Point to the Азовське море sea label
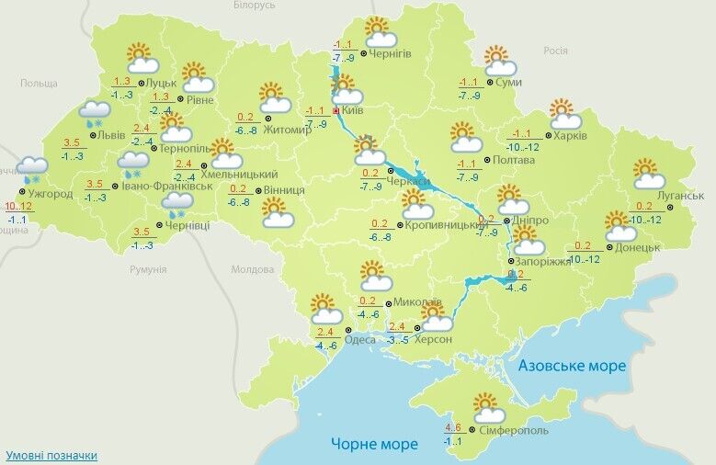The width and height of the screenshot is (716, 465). [x=572, y=366]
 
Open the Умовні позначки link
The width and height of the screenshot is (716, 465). [x=51, y=455]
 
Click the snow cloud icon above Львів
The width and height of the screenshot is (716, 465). [x=96, y=114]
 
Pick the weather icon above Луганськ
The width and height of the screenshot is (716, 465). [x=649, y=174]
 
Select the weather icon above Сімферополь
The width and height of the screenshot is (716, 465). [x=486, y=408]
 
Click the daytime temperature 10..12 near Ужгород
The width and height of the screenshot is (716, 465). [x=18, y=206]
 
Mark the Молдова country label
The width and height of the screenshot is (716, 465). [x=252, y=269]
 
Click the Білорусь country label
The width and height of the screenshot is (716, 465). [x=254, y=6]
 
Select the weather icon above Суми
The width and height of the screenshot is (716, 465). [x=498, y=61]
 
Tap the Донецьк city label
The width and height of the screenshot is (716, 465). [x=639, y=247]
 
